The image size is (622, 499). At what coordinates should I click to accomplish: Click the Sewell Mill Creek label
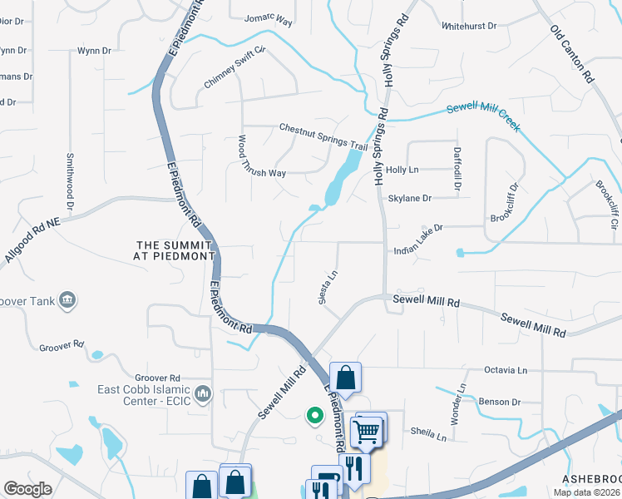(x=483, y=118)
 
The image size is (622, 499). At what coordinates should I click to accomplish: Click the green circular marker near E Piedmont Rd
(x=314, y=413)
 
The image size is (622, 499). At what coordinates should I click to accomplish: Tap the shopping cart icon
(x=368, y=430)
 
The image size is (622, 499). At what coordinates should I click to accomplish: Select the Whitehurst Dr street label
(x=470, y=27)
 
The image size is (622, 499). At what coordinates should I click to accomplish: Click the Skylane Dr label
(x=410, y=199)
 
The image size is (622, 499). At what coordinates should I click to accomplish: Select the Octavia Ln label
(x=506, y=370)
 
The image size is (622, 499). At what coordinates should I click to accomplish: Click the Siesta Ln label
(x=328, y=286)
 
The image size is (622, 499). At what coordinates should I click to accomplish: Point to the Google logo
(x=27, y=489)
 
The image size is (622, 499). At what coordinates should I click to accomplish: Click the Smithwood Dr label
(x=71, y=181)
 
